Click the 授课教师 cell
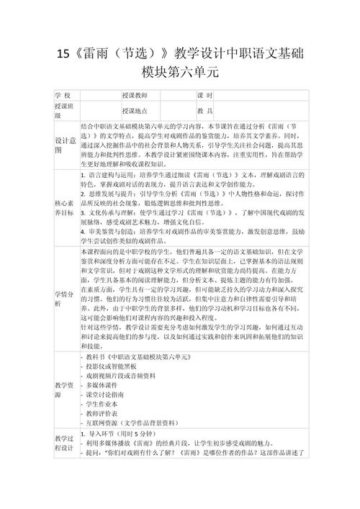135,96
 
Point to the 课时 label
204,96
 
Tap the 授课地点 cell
135,111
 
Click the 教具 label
204,111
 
